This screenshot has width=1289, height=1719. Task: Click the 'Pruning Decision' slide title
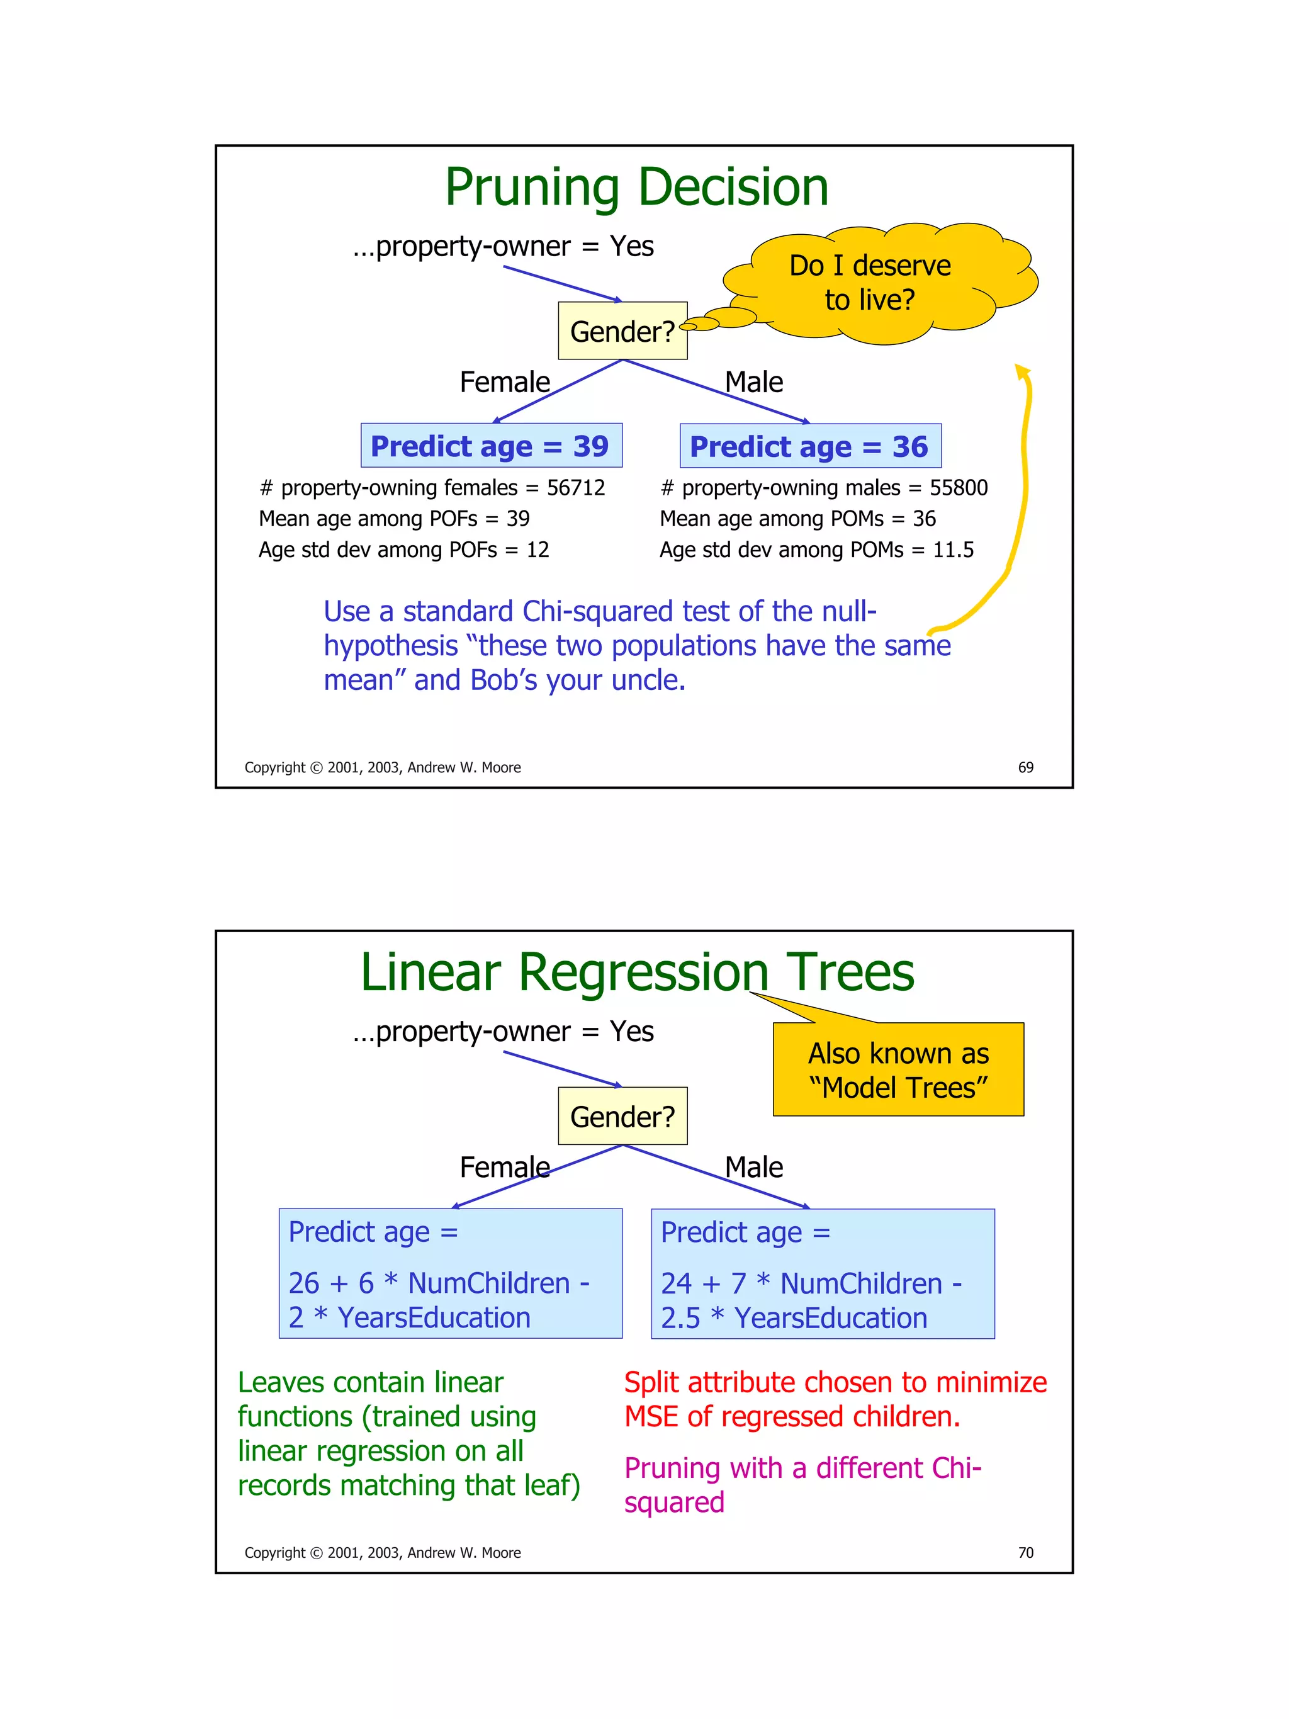636,188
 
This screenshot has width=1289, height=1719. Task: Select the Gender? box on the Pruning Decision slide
622,331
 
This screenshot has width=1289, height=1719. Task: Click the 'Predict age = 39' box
490,446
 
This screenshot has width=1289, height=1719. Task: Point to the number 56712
575,488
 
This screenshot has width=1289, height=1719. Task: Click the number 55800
958,488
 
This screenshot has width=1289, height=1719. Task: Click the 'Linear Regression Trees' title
636,972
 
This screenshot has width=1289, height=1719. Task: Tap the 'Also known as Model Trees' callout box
898,1070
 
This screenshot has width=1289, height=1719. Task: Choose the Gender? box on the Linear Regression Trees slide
622,1117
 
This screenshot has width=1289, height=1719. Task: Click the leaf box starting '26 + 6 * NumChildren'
450,1274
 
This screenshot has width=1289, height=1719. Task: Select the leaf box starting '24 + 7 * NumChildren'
822,1274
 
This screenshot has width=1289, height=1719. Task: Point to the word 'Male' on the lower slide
753,1167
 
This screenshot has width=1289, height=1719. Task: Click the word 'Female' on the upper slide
504,382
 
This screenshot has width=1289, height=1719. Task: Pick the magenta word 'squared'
673,1502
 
